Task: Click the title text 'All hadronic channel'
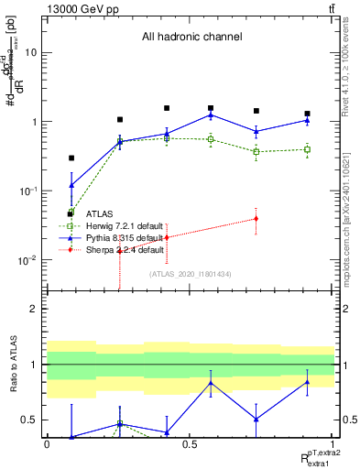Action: (191, 38)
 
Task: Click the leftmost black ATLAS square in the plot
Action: (71, 158)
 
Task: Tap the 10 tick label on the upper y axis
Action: (30, 52)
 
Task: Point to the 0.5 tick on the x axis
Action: (190, 445)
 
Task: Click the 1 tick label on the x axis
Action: (333, 445)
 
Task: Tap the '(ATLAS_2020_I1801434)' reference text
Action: (190, 274)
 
